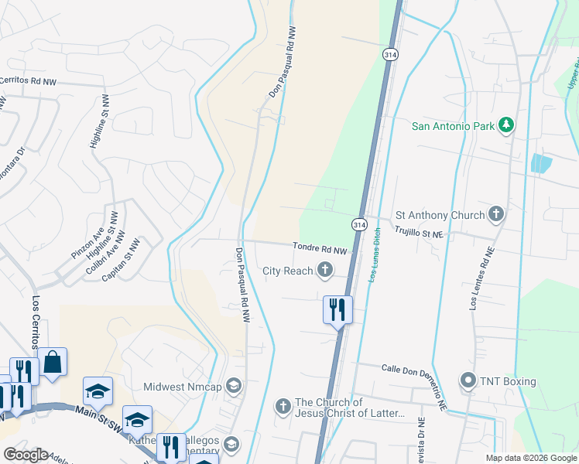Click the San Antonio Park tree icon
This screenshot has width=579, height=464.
point(506,125)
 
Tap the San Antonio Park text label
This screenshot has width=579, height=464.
point(453,125)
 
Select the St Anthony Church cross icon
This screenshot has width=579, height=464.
point(496,215)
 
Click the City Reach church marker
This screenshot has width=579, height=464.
point(326,270)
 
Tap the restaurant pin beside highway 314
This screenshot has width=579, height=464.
point(337,310)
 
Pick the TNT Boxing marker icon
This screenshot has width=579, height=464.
point(468,381)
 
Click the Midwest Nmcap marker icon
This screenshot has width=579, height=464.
point(234,385)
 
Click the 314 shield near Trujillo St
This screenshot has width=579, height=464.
point(358,224)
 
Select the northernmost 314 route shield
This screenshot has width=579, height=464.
point(389,53)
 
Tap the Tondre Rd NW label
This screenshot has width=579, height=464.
point(318,249)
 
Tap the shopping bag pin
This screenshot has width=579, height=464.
point(53,363)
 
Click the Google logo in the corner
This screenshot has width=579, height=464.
point(26,455)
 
